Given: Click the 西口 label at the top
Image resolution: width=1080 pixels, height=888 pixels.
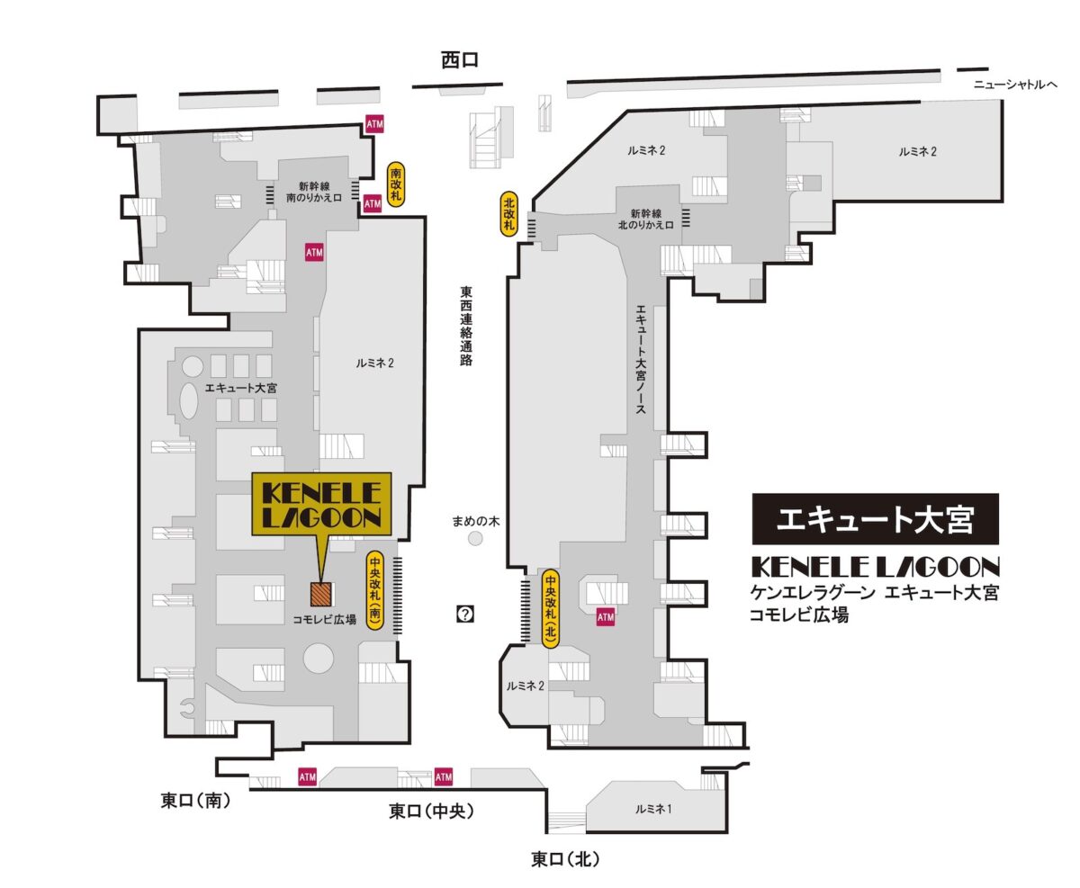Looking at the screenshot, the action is pyautogui.click(x=459, y=60).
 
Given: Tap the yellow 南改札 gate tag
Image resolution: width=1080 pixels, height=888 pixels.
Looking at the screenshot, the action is pyautogui.click(x=395, y=184).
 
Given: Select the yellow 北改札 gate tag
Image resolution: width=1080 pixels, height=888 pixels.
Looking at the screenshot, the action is pyautogui.click(x=508, y=213).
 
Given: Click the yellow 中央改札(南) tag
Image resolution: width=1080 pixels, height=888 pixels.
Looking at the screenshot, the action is pyautogui.click(x=375, y=589).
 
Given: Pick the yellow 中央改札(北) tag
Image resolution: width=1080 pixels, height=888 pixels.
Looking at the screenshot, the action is pyautogui.click(x=551, y=608).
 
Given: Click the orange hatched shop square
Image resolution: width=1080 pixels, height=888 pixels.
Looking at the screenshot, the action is pyautogui.click(x=321, y=594).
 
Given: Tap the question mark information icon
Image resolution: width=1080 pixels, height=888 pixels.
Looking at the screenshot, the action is pyautogui.click(x=465, y=614).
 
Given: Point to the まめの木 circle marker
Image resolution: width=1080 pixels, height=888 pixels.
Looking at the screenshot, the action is pyautogui.click(x=476, y=538).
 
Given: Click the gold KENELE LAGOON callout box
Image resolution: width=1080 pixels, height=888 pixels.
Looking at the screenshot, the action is pyautogui.click(x=321, y=504).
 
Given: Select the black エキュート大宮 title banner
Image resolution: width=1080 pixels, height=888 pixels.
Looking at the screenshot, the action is pyautogui.click(x=875, y=518).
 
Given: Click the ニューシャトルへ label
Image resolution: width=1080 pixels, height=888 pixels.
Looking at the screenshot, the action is pyautogui.click(x=1015, y=85).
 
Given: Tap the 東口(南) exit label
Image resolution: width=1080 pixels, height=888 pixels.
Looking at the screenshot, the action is pyautogui.click(x=195, y=801).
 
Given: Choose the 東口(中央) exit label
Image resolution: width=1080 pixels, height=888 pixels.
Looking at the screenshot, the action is pyautogui.click(x=431, y=812).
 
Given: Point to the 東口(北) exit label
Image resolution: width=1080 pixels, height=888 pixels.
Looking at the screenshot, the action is pyautogui.click(x=565, y=859).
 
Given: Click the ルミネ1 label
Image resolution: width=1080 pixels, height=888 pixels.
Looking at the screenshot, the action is pyautogui.click(x=653, y=809).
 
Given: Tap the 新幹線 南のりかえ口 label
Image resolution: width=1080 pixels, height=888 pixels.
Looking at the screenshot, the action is pyautogui.click(x=314, y=192).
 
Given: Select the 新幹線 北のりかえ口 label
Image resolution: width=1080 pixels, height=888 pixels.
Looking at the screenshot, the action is pyautogui.click(x=645, y=219).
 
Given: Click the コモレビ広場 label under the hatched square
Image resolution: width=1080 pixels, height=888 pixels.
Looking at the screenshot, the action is pyautogui.click(x=324, y=619).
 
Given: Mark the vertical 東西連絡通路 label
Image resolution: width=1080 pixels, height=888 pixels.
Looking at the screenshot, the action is pyautogui.click(x=465, y=326).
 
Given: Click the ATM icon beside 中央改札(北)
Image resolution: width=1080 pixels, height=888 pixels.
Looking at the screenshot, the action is pyautogui.click(x=606, y=617).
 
